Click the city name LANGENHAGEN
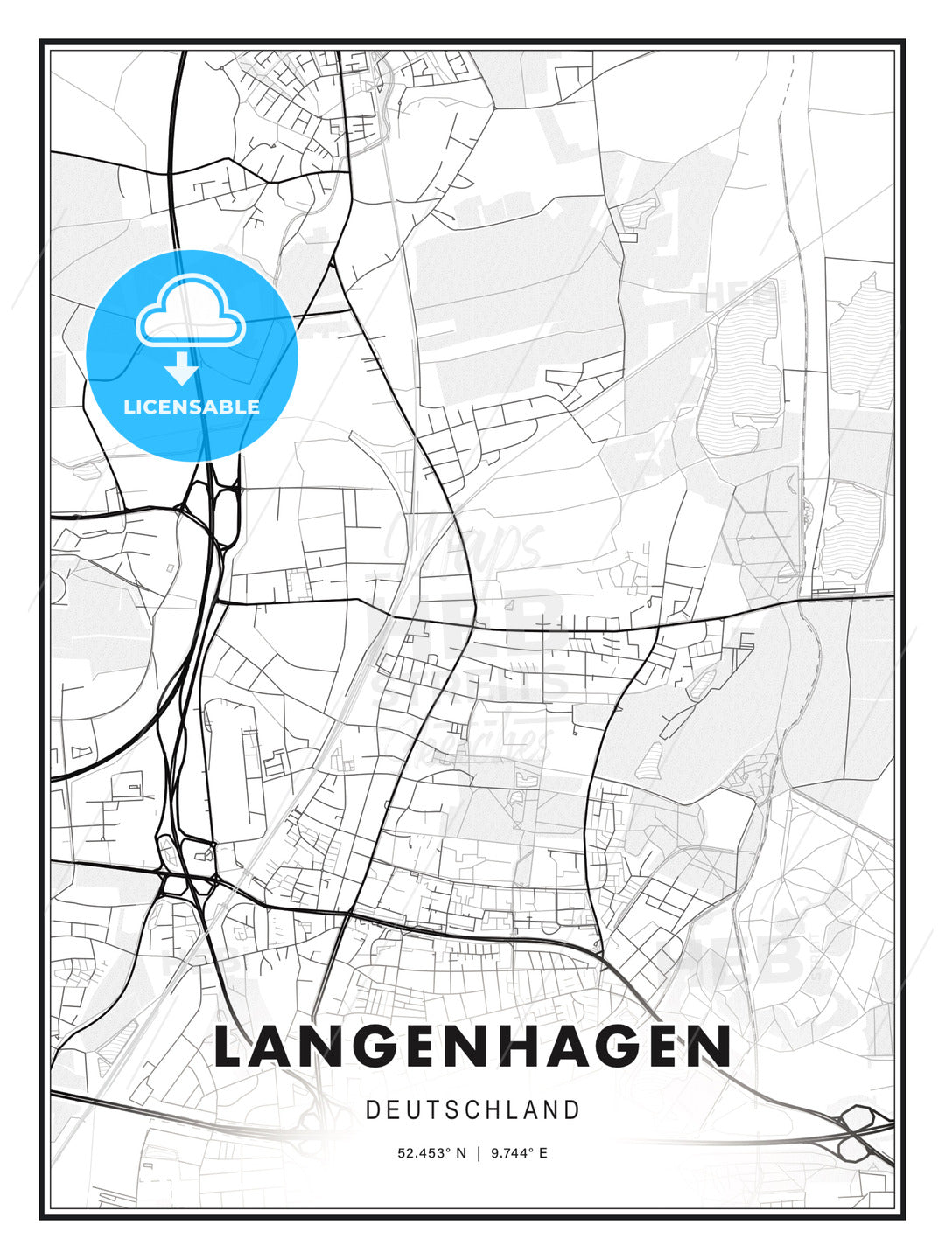[x=472, y=1046]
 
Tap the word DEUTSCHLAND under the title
[x=472, y=1110]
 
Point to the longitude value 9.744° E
[x=519, y=1153]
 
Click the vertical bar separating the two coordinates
[x=479, y=1153]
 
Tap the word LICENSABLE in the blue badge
[x=192, y=407]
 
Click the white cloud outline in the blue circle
[x=191, y=310]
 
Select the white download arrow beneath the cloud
[x=182, y=369]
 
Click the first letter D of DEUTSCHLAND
[x=372, y=1110]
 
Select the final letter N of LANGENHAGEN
[x=710, y=1046]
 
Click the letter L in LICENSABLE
[x=129, y=407]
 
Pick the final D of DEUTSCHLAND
[x=572, y=1110]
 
